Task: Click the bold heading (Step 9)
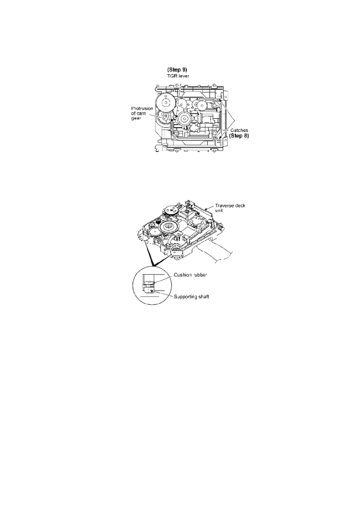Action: [x=177, y=70]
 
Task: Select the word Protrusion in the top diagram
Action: [x=142, y=108]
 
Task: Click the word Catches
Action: [x=239, y=130]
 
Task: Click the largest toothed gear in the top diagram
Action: [x=165, y=103]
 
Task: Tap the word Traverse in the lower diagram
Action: [x=224, y=206]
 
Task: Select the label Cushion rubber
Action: [x=190, y=275]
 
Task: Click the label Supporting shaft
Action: [x=191, y=297]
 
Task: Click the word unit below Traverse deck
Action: [x=219, y=210]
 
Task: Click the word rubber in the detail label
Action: [x=199, y=275]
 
